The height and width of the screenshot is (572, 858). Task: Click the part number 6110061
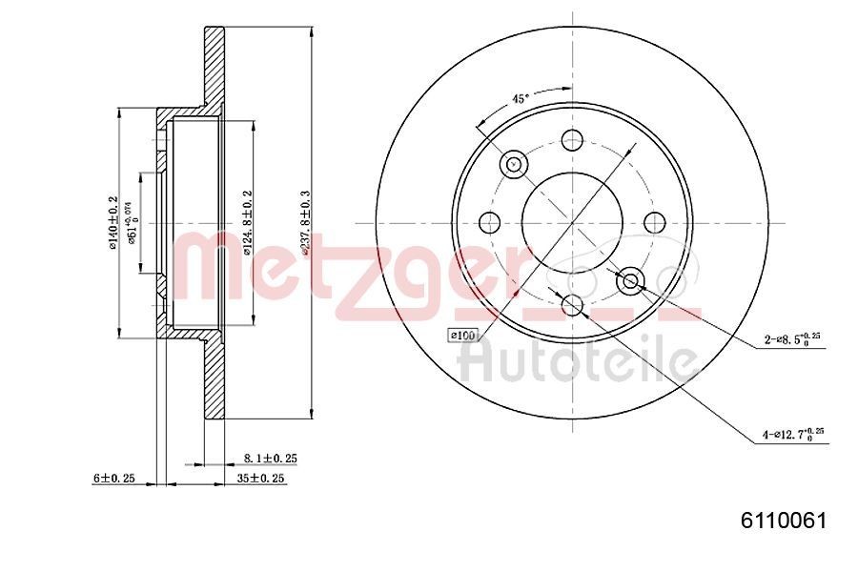(x=783, y=521)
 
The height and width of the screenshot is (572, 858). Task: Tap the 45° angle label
(x=520, y=97)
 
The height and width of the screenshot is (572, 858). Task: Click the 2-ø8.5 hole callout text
(x=791, y=338)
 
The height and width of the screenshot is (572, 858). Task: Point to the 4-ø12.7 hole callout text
(x=792, y=435)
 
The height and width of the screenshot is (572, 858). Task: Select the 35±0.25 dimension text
(x=260, y=479)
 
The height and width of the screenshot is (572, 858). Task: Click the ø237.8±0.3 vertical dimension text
(x=305, y=222)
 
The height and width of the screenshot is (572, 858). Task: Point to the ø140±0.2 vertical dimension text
(x=112, y=222)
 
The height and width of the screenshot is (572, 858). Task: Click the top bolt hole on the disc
(x=572, y=140)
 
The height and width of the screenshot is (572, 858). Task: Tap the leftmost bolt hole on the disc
(x=490, y=223)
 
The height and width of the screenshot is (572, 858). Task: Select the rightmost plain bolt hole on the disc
(x=654, y=223)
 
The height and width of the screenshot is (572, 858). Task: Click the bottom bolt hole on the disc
(x=572, y=305)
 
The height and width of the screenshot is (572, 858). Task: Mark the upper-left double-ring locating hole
(x=514, y=164)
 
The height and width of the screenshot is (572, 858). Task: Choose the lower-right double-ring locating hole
(x=630, y=281)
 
